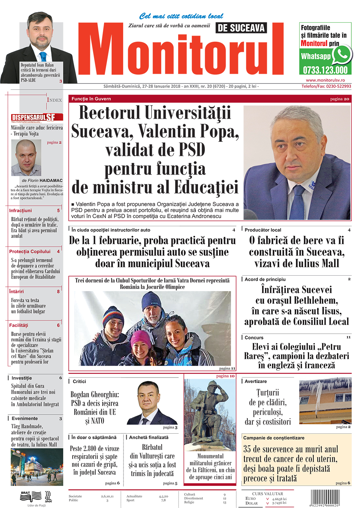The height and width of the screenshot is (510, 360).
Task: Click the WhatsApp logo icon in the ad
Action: [342, 55]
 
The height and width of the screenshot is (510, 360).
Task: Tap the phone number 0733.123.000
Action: [325, 70]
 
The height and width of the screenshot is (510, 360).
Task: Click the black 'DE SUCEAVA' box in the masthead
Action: [241, 28]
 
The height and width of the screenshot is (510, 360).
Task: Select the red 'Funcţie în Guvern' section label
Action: [91, 99]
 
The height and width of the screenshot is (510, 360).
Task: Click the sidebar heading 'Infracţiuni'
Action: [21, 211]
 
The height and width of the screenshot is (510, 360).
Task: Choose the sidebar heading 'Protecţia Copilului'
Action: [30, 252]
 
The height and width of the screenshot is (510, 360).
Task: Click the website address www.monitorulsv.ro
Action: [325, 80]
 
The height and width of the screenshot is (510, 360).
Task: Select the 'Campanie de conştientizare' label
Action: [274, 438]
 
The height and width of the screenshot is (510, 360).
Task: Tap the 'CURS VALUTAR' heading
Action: [267, 494]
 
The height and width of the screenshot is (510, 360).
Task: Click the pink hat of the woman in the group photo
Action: [141, 338]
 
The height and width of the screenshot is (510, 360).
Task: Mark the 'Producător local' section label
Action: [263, 230]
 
